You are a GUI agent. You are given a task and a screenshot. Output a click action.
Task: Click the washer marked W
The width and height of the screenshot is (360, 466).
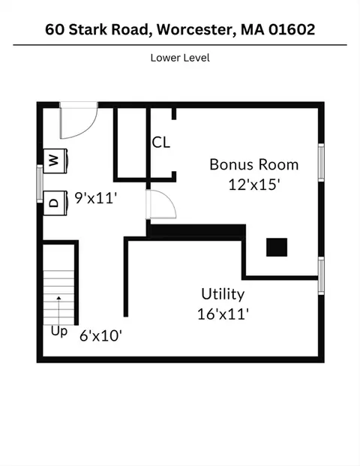(55, 161)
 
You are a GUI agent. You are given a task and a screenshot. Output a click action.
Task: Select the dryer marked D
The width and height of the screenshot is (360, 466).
(55, 203)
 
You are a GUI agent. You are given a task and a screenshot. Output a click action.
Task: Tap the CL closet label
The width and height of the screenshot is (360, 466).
(161, 143)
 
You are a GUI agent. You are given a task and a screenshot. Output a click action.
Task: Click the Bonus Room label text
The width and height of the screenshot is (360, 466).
(254, 164)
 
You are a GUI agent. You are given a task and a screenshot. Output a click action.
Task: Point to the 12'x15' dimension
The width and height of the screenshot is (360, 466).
(254, 185)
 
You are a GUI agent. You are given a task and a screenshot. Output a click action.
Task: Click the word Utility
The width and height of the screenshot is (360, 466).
(223, 294)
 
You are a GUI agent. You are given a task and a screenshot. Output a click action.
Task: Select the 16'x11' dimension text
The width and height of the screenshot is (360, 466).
(223, 314)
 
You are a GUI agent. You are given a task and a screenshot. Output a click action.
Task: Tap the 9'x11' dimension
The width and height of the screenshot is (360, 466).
(95, 198)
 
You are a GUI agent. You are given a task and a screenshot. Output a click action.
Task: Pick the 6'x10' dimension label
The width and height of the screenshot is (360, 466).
(101, 336)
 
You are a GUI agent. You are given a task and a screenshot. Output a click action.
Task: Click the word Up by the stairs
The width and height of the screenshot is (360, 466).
(59, 332)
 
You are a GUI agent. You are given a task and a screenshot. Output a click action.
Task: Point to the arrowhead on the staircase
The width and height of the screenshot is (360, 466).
(58, 298)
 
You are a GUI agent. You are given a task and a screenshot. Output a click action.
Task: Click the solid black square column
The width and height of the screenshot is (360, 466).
(277, 248)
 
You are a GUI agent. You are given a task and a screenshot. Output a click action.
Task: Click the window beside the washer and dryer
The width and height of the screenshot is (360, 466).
(40, 184)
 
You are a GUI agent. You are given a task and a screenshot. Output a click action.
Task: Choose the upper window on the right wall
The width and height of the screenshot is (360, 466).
(321, 162)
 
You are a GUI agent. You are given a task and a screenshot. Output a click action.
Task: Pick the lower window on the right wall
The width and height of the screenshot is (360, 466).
(321, 276)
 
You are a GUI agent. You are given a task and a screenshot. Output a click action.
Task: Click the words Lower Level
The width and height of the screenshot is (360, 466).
(180, 58)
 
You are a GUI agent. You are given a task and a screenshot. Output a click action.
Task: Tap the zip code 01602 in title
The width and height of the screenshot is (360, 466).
(292, 29)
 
